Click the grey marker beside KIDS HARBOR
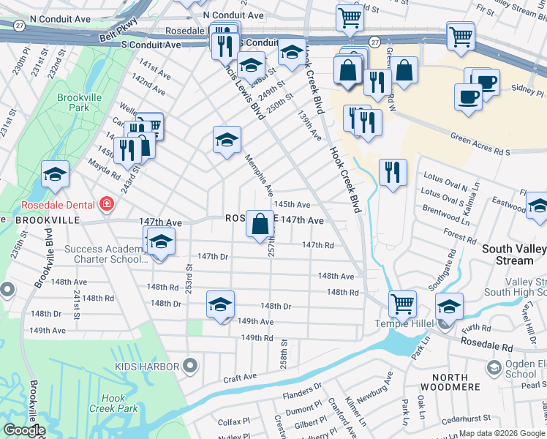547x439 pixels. (191, 364)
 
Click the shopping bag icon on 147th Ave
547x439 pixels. (260, 223)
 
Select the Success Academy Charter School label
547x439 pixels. (102, 254)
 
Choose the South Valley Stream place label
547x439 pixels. (513, 255)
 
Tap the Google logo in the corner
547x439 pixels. (24, 430)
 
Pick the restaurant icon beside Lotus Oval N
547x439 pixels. (393, 172)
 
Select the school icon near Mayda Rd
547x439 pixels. (55, 174)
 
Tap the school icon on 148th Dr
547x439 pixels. (220, 304)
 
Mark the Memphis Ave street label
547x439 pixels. (258, 176)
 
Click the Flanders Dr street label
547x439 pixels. (302, 391)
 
